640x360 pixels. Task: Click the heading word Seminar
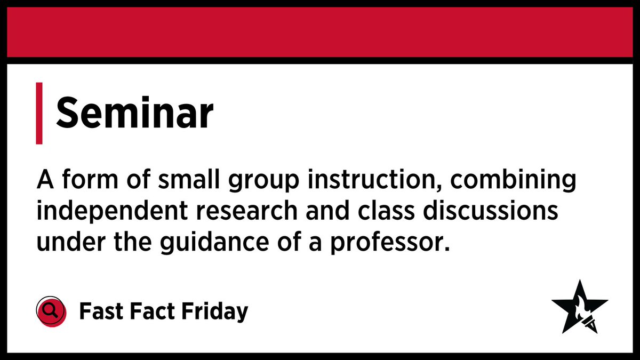click(134, 113)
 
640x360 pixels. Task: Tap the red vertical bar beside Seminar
click(39, 113)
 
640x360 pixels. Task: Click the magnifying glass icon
click(50, 310)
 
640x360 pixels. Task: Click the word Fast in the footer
click(100, 310)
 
